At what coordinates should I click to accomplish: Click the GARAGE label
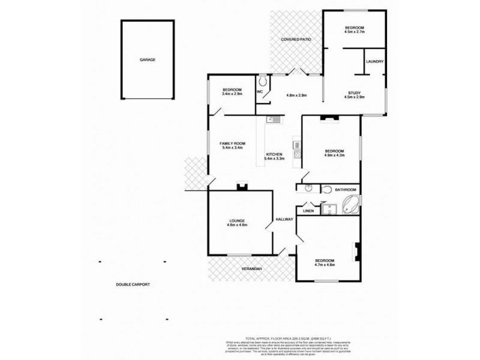(148, 60)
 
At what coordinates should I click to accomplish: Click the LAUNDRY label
(374, 61)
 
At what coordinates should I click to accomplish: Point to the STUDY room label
(354, 92)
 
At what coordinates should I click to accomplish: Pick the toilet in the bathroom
(326, 190)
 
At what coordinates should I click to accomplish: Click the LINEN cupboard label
(308, 211)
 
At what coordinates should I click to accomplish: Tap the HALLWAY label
(284, 220)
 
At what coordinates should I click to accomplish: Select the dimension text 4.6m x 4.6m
(238, 225)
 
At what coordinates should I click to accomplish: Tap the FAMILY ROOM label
(233, 144)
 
